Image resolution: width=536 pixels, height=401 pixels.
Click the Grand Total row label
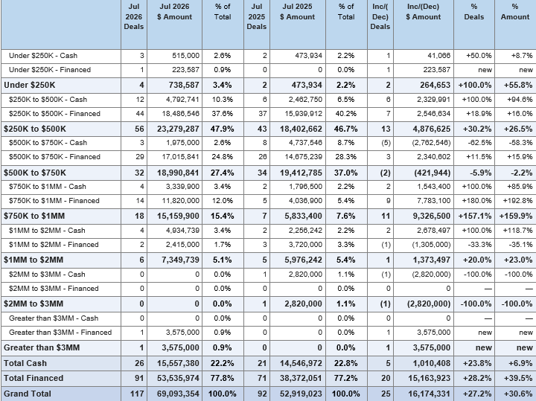pyautogui.click(x=28, y=394)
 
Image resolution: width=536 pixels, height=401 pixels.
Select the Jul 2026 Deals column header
pyautogui.click(x=134, y=16)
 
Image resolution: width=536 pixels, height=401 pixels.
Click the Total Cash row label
pyautogui.click(x=25, y=363)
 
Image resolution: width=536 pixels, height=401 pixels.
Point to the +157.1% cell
pyautogui.click(x=474, y=216)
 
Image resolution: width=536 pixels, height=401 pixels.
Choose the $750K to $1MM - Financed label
pyautogui.click(x=54, y=201)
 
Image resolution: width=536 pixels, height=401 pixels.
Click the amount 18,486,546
pyautogui.click(x=180, y=114)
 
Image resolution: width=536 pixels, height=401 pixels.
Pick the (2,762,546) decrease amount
pyautogui.click(x=431, y=143)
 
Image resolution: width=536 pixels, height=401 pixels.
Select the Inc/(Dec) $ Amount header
pyautogui.click(x=423, y=12)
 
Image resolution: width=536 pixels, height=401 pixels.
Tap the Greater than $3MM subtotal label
pyautogui.click(x=42, y=347)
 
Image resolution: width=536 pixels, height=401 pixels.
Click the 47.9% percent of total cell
pyautogui.click(x=223, y=129)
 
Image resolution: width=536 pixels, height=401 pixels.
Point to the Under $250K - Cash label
pyautogui.click(x=43, y=56)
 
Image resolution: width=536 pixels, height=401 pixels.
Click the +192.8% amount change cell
pyautogui.click(x=517, y=201)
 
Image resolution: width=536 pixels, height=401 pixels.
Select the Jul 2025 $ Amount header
pyautogui.click(x=297, y=12)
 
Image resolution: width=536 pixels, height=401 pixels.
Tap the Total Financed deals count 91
pyautogui.click(x=139, y=378)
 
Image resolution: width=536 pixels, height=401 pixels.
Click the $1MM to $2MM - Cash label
pyautogui.click(x=47, y=231)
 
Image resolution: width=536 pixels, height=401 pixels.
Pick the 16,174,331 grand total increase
pyautogui.click(x=429, y=394)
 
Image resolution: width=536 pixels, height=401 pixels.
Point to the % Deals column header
pyautogui.click(x=474, y=12)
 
